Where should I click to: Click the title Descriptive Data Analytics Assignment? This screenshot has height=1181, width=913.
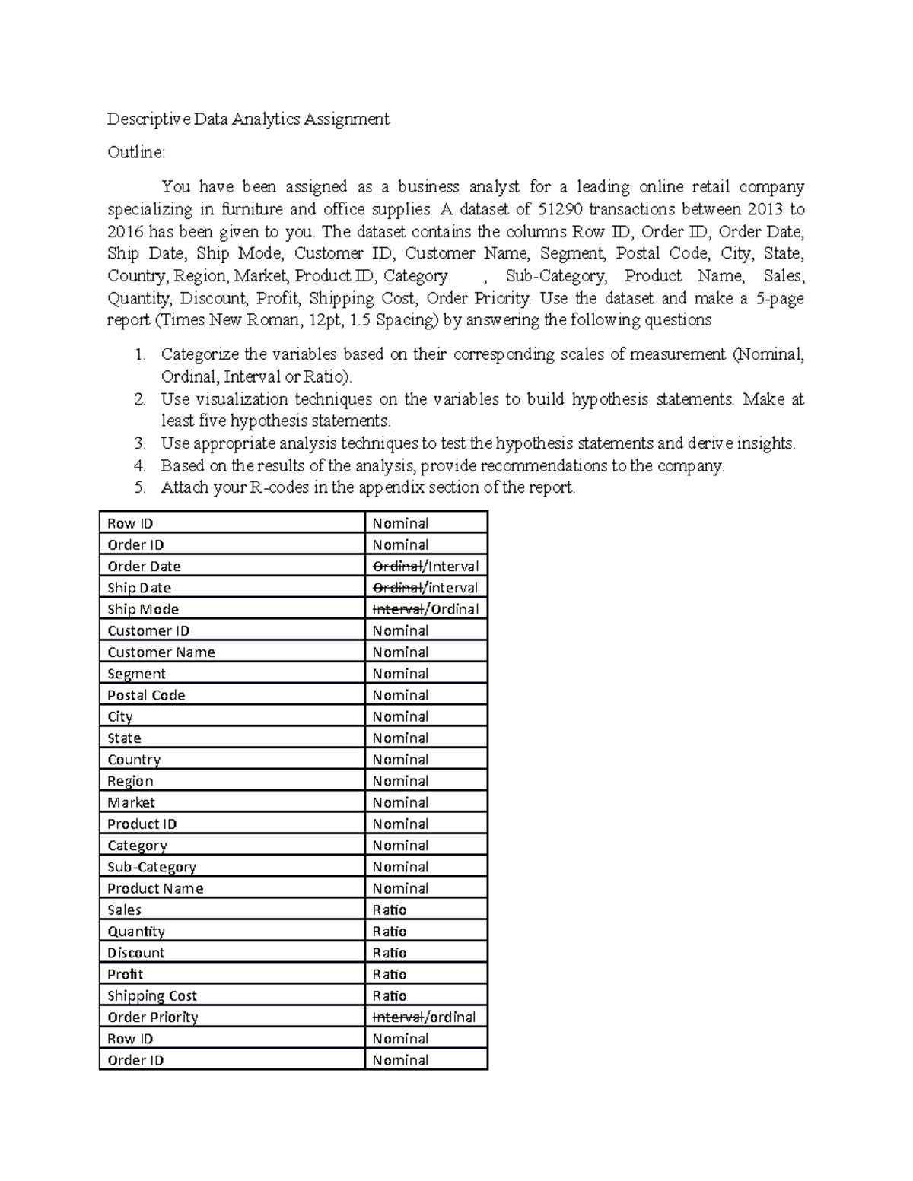[248, 119]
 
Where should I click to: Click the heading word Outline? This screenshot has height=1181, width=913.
[135, 153]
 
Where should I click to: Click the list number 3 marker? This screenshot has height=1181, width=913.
[138, 443]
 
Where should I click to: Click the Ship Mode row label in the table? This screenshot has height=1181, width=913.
[143, 609]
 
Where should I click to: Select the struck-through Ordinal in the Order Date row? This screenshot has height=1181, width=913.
[397, 567]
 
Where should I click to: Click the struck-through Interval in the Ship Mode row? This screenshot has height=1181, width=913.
[397, 609]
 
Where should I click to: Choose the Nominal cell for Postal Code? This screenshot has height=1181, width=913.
[400, 695]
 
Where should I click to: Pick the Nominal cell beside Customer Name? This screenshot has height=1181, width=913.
[400, 652]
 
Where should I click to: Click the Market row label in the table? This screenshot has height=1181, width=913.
[131, 802]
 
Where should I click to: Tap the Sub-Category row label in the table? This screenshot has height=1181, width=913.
[151, 867]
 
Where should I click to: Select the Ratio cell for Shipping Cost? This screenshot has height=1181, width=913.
[390, 995]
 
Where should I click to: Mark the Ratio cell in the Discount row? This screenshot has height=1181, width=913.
[390, 953]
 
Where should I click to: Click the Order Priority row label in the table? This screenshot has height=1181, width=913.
[152, 1018]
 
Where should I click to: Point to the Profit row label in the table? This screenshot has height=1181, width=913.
[125, 974]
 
